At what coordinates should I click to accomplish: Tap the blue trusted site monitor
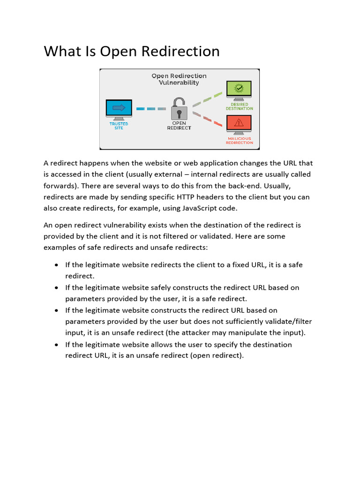119,108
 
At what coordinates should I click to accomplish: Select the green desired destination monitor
239,90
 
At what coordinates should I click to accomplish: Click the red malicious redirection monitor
239,124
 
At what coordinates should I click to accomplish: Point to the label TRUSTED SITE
119,126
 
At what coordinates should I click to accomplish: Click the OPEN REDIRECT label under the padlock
179,126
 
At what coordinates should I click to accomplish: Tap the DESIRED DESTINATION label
239,106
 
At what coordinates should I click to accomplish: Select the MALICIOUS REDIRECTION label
239,141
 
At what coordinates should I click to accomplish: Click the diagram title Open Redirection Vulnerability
179,79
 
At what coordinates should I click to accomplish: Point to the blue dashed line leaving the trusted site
151,109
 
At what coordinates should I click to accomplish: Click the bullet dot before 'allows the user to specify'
56,345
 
